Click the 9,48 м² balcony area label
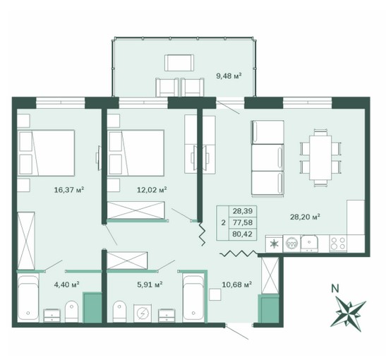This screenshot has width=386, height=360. pyautogui.click(x=229, y=76)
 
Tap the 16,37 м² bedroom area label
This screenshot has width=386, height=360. pyautogui.click(x=69, y=190)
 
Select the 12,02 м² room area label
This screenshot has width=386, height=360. pyautogui.click(x=152, y=190)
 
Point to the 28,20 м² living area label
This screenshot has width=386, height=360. pyautogui.click(x=305, y=217)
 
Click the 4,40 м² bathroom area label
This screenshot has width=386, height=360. pyautogui.click(x=66, y=284)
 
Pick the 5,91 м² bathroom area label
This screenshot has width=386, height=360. pyautogui.click(x=150, y=284)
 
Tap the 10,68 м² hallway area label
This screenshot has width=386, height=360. pyautogui.click(x=236, y=284)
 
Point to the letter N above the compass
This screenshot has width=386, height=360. pyautogui.click(x=334, y=288)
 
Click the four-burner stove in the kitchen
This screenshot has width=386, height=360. pyautogui.click(x=338, y=244)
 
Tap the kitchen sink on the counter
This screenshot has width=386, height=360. pyautogui.click(x=310, y=244)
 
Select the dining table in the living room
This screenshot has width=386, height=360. pyautogui.click(x=320, y=158)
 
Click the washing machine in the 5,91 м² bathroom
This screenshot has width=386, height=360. pyautogui.click(x=143, y=313)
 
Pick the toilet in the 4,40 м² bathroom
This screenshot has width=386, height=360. pyautogui.click(x=72, y=311)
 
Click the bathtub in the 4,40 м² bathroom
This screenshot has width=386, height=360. pyautogui.click(x=28, y=299)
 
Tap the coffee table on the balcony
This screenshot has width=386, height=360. pyautogui.click(x=179, y=63)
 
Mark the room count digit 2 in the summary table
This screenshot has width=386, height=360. pyautogui.click(x=223, y=222)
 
